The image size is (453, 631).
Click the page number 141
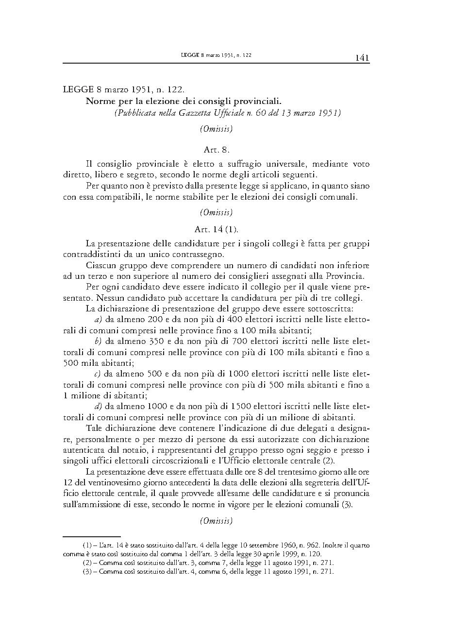coord(362,58)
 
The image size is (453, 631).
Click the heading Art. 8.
coord(216,150)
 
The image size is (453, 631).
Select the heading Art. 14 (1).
coord(216,229)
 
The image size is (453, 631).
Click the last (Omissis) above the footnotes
coord(216,521)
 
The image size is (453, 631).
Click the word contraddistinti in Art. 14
coord(92,254)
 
